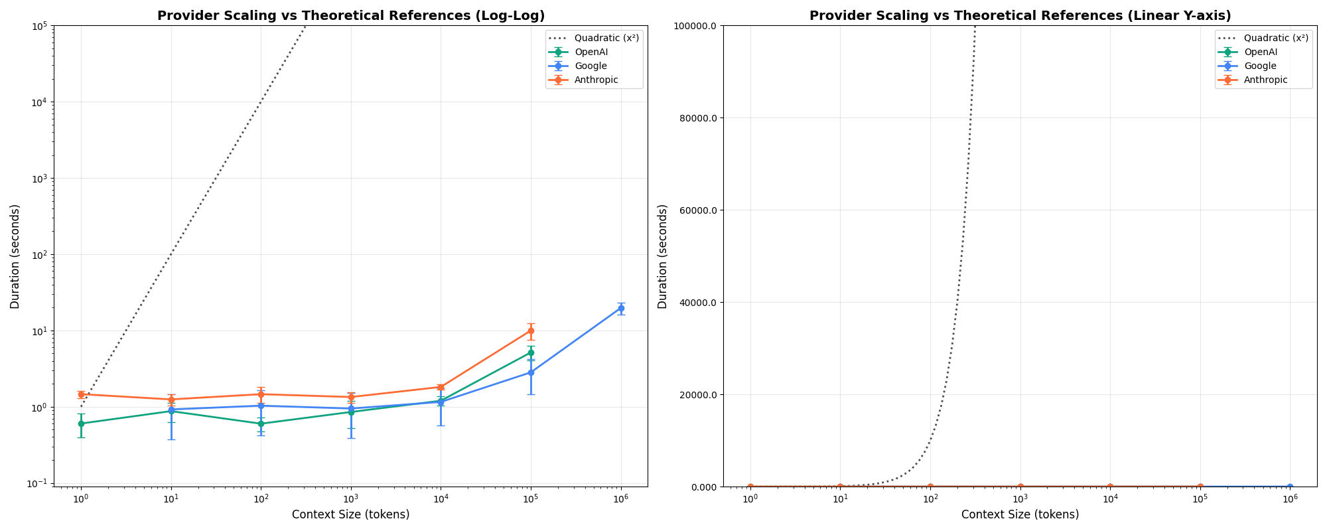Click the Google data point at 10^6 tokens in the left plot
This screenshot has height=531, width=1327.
coord(621,308)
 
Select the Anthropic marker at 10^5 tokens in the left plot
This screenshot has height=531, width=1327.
coord(531,331)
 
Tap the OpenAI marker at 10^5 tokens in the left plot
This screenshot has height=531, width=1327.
coord(531,352)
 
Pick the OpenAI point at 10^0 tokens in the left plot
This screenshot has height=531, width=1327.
coord(81,423)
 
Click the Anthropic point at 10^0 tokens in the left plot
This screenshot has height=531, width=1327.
coord(81,394)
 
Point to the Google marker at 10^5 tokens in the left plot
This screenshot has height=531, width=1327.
coord(531,372)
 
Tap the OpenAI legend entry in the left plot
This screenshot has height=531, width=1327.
coord(591,52)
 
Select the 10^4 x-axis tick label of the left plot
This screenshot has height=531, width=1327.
coord(441,498)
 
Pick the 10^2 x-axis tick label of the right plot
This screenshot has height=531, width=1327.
coord(930,498)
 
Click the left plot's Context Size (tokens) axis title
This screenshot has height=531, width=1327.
coord(350,514)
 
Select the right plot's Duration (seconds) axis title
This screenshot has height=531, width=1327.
coord(663,256)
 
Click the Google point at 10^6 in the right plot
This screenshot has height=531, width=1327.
coord(1290,487)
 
